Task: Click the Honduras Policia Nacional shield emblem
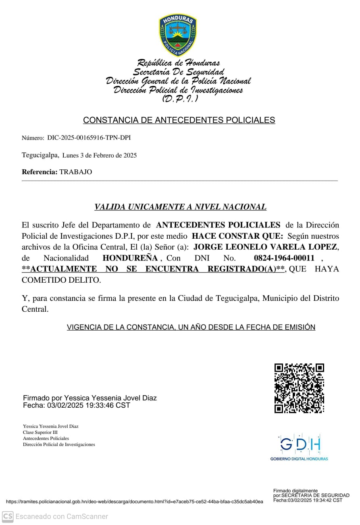coord(178,35)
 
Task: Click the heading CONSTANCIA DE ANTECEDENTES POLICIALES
coord(179,120)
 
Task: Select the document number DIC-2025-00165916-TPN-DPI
coord(89,138)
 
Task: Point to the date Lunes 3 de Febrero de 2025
coord(100,155)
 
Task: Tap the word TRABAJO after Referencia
coord(76,172)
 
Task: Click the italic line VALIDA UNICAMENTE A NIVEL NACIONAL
coord(180,207)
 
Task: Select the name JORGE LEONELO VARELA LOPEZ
coord(265,247)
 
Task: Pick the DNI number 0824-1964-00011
coord(284,258)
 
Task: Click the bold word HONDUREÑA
coord(131,258)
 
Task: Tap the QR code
coord(299,388)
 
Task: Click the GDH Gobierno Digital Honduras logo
coord(299,447)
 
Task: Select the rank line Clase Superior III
coord(40,432)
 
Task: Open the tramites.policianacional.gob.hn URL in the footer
coord(134,502)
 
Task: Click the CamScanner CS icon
coord(8,516)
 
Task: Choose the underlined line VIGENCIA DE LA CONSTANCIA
coord(191,327)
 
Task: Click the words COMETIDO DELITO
coord(61,280)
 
